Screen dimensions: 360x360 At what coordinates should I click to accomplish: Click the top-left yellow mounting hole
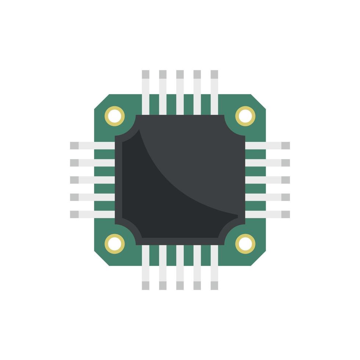click(115, 116)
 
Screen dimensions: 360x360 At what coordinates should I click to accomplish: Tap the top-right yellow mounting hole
click(245, 116)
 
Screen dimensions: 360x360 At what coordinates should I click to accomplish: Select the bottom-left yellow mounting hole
click(115, 244)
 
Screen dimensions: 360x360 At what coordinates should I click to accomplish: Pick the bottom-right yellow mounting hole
click(245, 244)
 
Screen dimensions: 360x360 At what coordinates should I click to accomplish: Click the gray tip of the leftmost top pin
click(145, 74)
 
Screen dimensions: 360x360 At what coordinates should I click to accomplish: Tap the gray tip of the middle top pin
click(180, 74)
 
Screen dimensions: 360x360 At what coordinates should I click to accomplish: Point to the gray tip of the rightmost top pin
click(214, 74)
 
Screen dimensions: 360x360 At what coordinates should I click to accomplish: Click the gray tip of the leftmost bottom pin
click(145, 285)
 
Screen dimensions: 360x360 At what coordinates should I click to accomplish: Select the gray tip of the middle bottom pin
click(180, 285)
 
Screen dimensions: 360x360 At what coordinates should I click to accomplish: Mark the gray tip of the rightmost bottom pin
click(214, 285)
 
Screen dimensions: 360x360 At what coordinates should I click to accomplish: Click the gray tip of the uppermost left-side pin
click(74, 145)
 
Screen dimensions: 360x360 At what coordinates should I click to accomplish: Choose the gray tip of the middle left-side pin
click(74, 180)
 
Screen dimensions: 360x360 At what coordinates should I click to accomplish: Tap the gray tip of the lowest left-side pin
click(74, 214)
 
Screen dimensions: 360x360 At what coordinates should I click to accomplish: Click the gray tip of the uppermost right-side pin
click(285, 145)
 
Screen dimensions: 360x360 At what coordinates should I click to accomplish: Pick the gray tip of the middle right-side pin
click(285, 180)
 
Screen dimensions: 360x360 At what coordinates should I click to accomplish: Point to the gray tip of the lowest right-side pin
click(285, 214)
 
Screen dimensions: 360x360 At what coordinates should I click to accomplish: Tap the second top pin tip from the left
click(163, 74)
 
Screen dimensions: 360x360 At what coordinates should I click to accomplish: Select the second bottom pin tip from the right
click(197, 285)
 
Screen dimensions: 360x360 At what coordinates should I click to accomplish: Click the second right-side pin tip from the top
click(285, 163)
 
